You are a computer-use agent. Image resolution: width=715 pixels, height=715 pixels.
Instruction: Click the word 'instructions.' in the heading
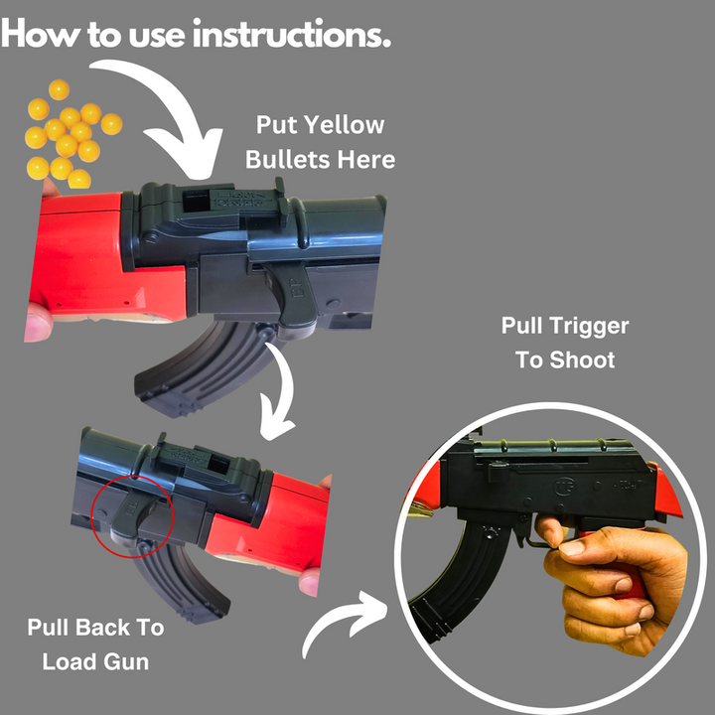(292, 34)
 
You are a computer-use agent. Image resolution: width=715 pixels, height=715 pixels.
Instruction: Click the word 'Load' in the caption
(70, 661)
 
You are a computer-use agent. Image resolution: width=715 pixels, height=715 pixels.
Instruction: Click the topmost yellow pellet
(59, 89)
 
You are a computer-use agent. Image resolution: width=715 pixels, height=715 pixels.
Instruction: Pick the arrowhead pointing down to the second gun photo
(276, 426)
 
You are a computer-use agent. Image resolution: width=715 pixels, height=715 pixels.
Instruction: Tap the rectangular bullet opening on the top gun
(196, 201)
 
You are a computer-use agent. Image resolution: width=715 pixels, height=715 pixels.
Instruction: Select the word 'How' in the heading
(40, 35)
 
